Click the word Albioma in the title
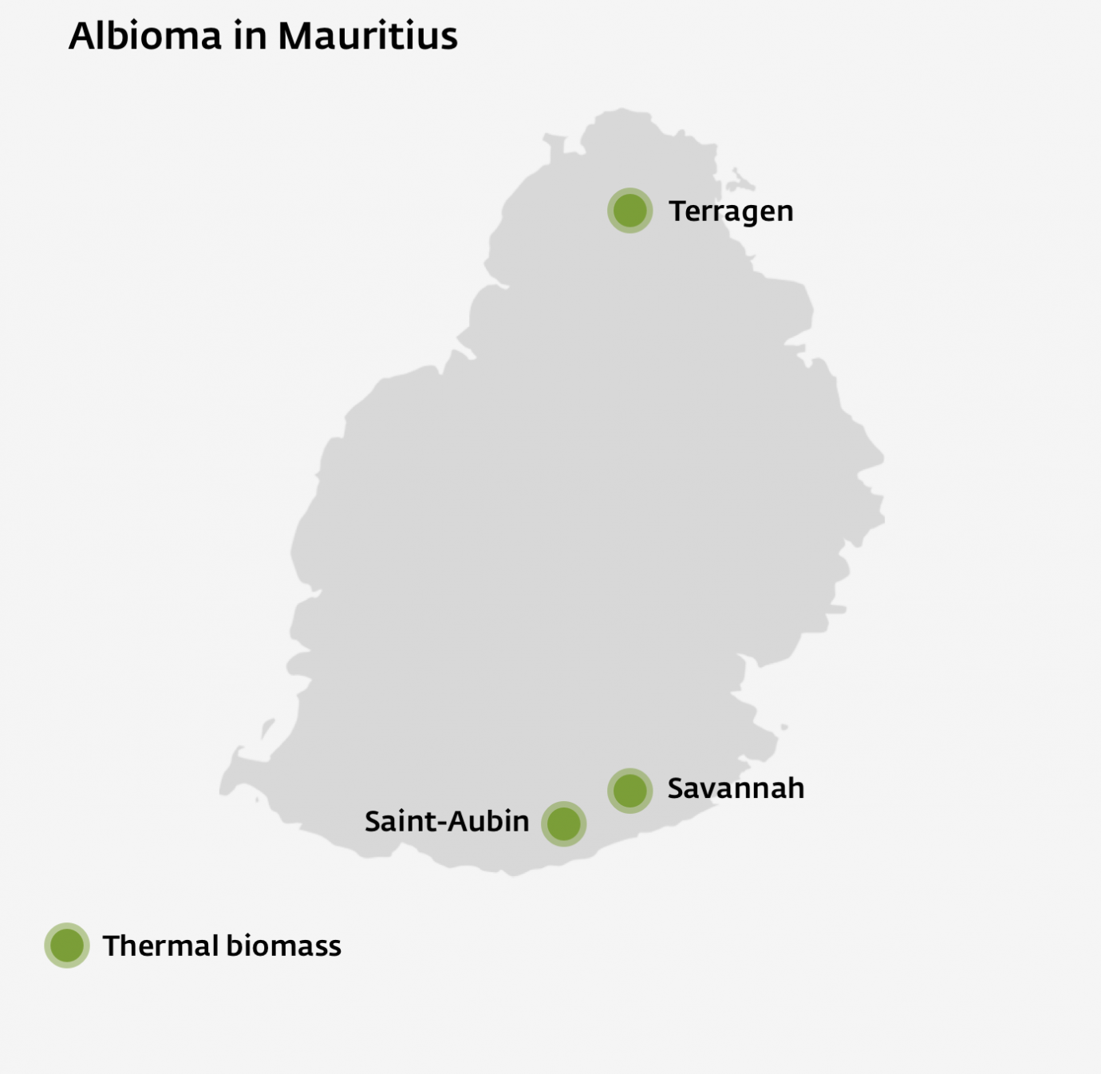[x=145, y=36]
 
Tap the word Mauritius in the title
[x=368, y=36]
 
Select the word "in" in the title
[x=249, y=36]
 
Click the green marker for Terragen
[x=630, y=211]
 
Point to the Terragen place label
[x=731, y=211]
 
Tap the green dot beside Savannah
[x=630, y=791]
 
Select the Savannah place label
[x=736, y=788]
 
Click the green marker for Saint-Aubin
[x=564, y=823]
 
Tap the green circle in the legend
[x=67, y=946]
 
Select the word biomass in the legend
[x=284, y=946]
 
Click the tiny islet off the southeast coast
[x=784, y=727]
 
